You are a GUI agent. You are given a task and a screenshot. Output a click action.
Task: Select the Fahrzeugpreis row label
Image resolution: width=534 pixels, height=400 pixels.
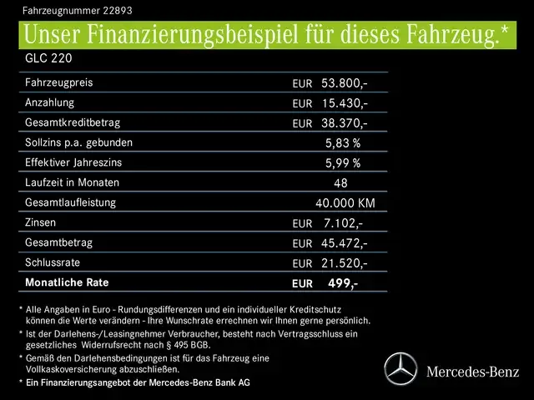pos(59,83)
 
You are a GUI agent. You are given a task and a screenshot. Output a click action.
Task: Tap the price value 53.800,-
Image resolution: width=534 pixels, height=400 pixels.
pos(344,83)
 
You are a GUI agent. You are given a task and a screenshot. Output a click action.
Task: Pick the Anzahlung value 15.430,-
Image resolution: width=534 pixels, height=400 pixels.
pos(344,103)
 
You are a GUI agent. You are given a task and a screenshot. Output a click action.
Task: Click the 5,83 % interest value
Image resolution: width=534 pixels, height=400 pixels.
pos(343,143)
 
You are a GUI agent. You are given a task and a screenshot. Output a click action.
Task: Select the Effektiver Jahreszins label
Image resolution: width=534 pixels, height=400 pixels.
pos(76,162)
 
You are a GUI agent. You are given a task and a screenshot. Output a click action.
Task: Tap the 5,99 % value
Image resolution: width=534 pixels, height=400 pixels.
pos(343,163)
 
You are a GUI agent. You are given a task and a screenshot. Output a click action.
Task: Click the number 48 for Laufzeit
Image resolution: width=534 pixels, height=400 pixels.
pos(340,183)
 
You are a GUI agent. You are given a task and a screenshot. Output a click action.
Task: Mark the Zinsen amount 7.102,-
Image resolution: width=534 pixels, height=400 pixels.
pos(342,223)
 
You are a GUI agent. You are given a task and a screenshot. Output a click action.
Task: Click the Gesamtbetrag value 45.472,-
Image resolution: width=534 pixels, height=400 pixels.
pos(344,243)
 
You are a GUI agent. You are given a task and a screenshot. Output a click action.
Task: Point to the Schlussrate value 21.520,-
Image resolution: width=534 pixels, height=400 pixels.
pos(344,263)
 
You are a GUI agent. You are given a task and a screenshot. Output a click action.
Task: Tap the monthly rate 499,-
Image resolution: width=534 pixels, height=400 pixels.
pos(342,283)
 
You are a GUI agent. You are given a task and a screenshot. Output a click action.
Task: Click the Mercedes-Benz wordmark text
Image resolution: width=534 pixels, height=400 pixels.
pos(471,370)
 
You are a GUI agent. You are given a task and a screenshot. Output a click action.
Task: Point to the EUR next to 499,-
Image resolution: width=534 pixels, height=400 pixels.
pos(303,284)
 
